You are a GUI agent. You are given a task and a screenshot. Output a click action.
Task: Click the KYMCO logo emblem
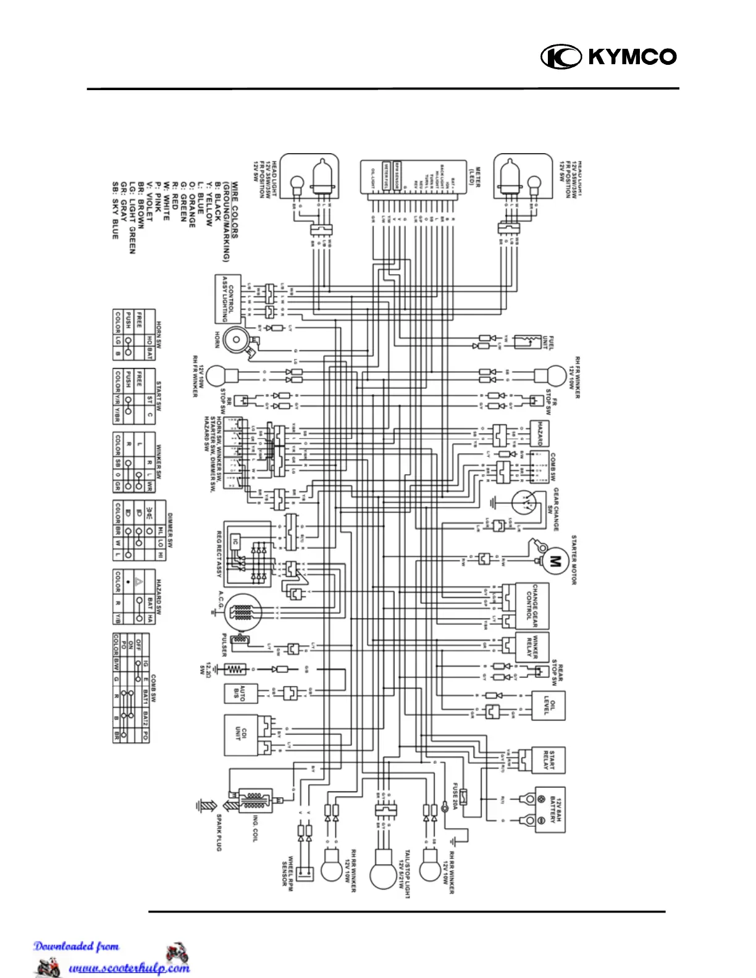point(561,57)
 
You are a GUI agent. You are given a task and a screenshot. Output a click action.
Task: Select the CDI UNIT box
point(241,735)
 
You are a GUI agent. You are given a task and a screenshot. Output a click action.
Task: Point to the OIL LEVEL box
point(548,705)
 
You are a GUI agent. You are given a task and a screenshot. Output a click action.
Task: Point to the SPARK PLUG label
point(219,832)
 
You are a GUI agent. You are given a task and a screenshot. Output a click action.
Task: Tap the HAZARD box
point(539,433)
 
